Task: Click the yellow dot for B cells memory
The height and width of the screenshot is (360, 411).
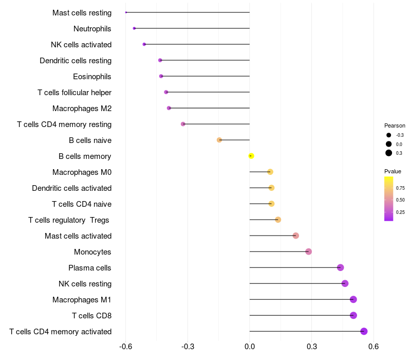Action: click(251, 156)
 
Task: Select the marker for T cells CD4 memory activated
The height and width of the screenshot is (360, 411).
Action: click(364, 331)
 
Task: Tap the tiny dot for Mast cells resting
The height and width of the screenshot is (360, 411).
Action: click(126, 12)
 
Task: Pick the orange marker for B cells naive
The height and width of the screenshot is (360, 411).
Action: click(219, 140)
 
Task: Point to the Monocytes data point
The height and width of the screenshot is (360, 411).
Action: click(309, 251)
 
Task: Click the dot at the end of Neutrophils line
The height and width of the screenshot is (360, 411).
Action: click(134, 28)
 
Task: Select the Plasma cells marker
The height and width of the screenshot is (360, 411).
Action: click(340, 267)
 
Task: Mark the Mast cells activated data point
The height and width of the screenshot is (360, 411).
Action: click(296, 236)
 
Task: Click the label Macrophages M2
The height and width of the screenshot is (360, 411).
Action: click(82, 109)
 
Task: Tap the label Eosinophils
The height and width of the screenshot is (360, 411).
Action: click(92, 77)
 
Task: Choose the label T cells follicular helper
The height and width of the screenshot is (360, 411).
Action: click(74, 93)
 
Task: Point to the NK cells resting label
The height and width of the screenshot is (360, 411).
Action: click(85, 284)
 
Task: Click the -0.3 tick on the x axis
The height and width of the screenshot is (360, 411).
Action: click(188, 347)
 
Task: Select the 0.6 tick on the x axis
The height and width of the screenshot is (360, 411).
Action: click(373, 347)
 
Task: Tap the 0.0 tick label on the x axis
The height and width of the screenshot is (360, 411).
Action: click(250, 347)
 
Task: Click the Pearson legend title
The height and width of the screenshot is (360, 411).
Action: click(395, 125)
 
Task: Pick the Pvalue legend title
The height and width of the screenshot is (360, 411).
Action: click(393, 171)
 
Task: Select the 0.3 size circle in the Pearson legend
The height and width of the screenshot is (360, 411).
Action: click(389, 153)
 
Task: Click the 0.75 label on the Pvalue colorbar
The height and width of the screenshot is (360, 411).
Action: click(400, 188)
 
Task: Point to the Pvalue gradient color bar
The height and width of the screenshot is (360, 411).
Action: click(389, 199)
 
